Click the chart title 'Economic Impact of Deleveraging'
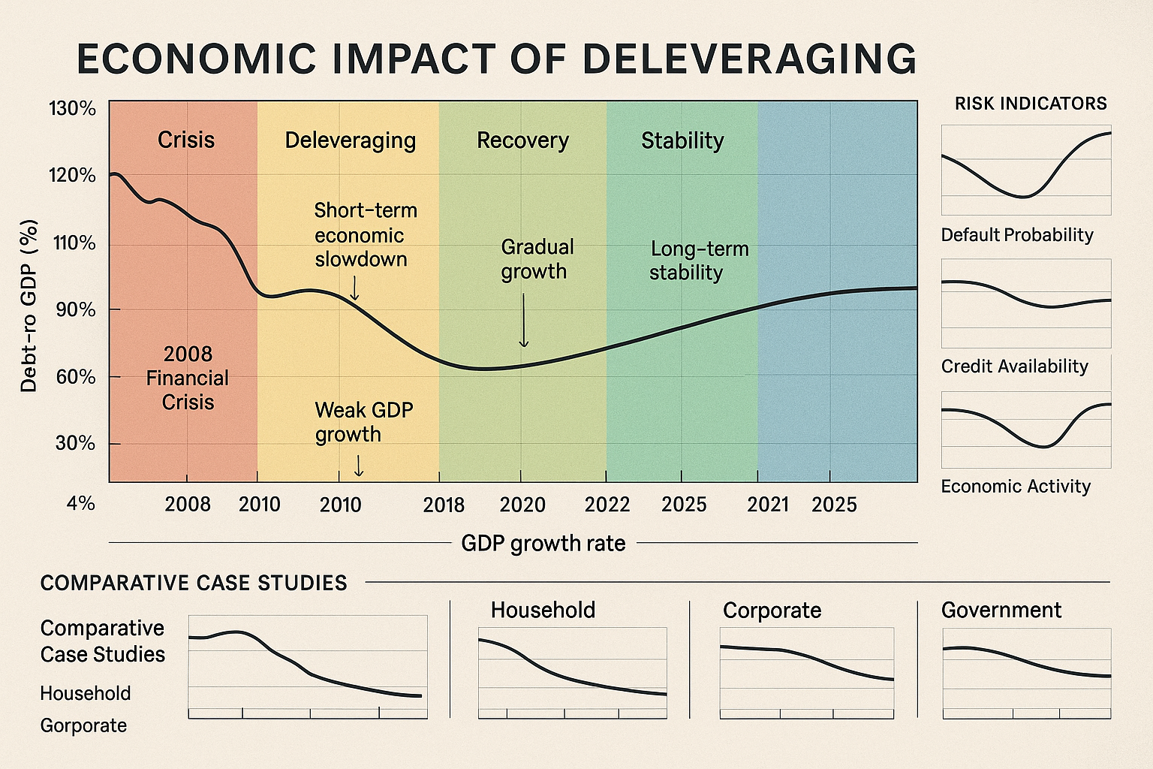(496, 59)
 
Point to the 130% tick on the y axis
(73, 110)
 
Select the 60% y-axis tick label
(76, 377)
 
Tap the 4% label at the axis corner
(80, 503)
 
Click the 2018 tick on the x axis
(444, 505)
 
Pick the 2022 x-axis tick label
(607, 505)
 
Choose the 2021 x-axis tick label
(767, 505)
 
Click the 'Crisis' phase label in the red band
(186, 140)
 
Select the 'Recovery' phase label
(522, 141)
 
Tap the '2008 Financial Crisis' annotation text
(188, 378)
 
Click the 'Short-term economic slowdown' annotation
(365, 235)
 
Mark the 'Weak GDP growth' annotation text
(363, 422)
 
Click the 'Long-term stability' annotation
(699, 261)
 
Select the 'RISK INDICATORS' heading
(1031, 104)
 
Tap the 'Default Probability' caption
(1017, 235)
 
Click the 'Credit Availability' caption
(1014, 366)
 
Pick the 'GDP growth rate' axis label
(543, 543)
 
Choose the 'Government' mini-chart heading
(1001, 611)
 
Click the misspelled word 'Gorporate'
(83, 726)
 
